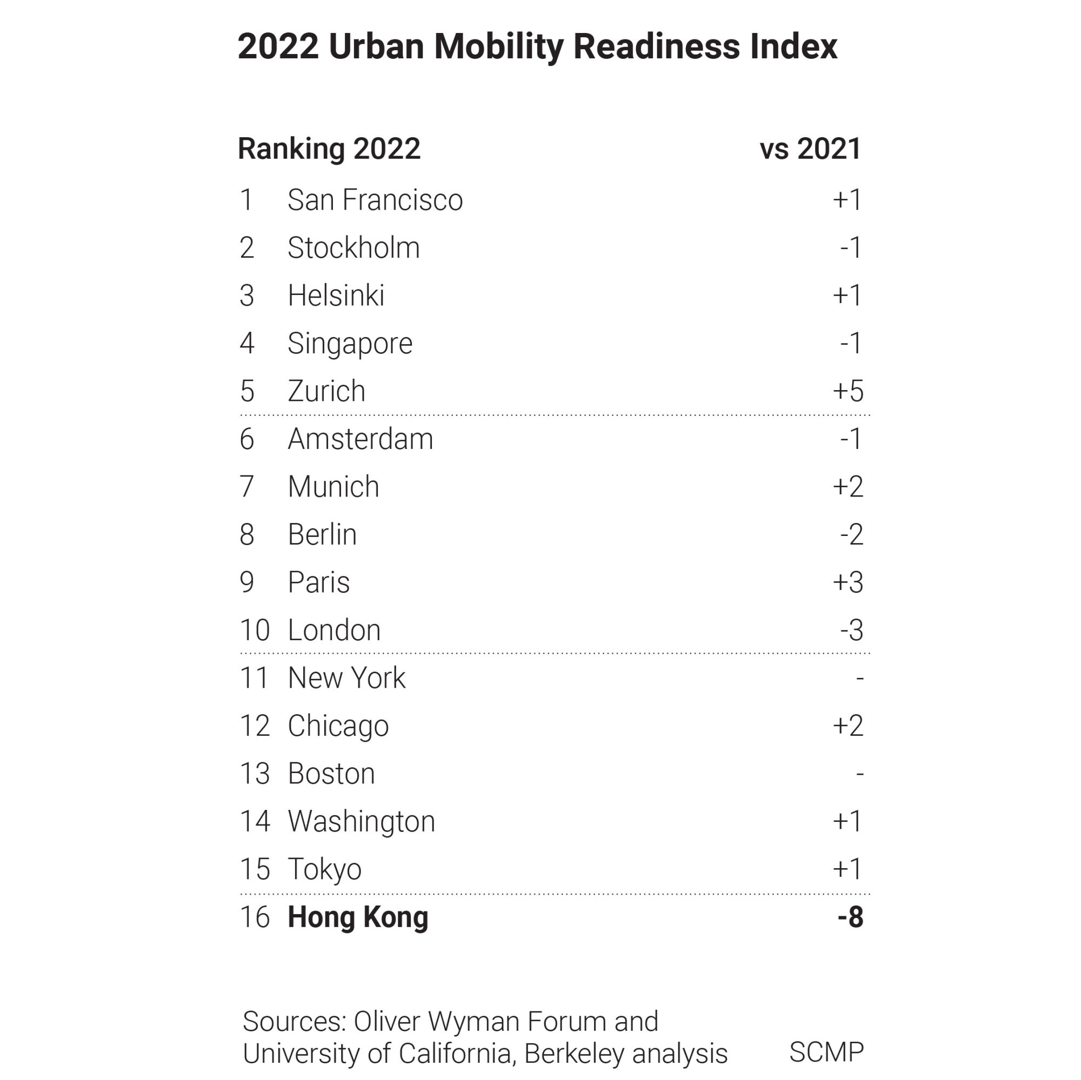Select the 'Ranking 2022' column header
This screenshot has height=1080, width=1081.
(329, 149)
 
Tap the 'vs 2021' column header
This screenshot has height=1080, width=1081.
(810, 149)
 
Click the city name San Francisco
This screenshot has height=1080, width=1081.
(375, 200)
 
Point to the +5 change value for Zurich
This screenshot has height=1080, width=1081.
(848, 391)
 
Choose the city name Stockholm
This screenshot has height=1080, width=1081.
(353, 248)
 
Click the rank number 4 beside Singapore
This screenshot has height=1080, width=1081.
(247, 344)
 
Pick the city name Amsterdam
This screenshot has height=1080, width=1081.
(361, 439)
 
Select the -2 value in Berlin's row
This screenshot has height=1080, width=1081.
(851, 535)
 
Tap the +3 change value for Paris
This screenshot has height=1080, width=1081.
(848, 582)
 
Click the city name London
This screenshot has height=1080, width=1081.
(334, 630)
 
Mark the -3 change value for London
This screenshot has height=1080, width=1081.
(851, 630)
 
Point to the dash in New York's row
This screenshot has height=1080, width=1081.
(860, 679)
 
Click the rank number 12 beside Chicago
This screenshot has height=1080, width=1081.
(255, 726)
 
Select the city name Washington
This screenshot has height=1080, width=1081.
(361, 822)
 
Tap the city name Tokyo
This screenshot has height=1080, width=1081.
(324, 869)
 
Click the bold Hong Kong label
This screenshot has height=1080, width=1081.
(358, 917)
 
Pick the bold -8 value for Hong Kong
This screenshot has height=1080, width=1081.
(850, 917)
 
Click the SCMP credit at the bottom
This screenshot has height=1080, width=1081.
(826, 1052)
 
